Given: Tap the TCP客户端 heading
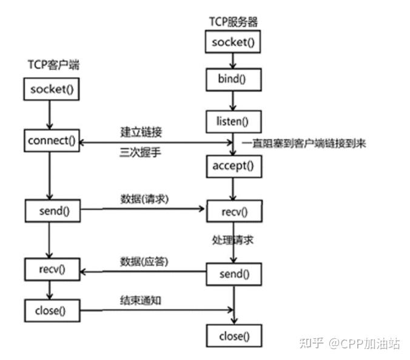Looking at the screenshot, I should coord(53,65).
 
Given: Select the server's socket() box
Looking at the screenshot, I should coord(234,42).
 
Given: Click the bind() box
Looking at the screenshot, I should coord(234,79).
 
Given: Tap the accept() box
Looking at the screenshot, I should coord(234,164).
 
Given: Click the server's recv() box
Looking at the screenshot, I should coord(234,211).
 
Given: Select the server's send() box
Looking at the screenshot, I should coord(234,274).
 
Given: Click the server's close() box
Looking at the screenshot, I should coord(234,335).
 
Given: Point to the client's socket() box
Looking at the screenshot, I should coord(53,90).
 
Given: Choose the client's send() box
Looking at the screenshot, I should coord(53,210).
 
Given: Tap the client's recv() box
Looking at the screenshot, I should coord(53,268).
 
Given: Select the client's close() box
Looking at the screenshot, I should coord(53,310).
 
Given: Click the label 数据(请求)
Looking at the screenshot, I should coord(143,199).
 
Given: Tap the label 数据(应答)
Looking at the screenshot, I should coord(143,261).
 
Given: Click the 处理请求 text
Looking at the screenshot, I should coord(233,240).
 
